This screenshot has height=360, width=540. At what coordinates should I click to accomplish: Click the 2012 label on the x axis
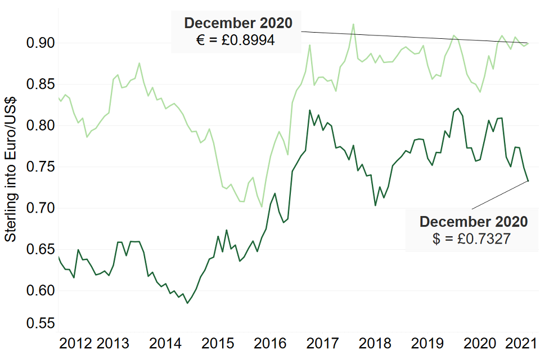click(76, 344)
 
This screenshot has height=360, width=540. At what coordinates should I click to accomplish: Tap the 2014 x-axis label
click(165, 344)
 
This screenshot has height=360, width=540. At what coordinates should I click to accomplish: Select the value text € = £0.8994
click(236, 40)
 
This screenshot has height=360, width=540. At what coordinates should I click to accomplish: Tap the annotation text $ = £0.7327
click(471, 238)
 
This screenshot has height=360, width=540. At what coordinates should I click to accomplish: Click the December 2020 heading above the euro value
click(238, 24)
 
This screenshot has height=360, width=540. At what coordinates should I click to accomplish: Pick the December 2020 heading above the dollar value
click(474, 222)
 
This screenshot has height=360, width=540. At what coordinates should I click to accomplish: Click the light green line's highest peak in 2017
click(353, 24)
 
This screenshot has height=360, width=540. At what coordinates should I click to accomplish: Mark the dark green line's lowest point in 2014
click(187, 303)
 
